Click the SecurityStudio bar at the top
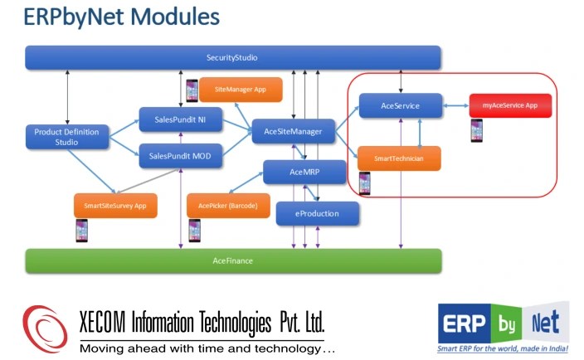click(232, 58)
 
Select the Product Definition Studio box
click(67, 137)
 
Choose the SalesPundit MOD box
click(180, 156)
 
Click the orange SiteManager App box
click(241, 89)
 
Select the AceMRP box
click(304, 173)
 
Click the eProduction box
click(318, 214)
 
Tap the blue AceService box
click(400, 106)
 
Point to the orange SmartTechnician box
click(399, 158)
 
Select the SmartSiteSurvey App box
click(115, 206)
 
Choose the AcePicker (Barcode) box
click(228, 206)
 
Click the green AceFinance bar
click(232, 260)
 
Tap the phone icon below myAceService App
click(477, 131)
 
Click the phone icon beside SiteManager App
click(192, 90)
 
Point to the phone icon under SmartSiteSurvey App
click(81, 230)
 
